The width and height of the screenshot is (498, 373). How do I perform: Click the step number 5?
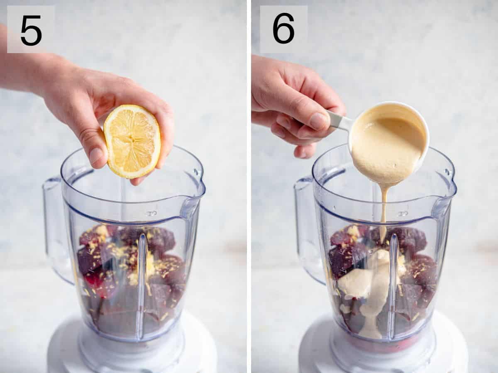point(31,30)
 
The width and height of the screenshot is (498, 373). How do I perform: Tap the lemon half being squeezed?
point(132,141)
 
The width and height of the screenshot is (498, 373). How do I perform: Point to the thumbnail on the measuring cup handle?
point(319,121)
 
